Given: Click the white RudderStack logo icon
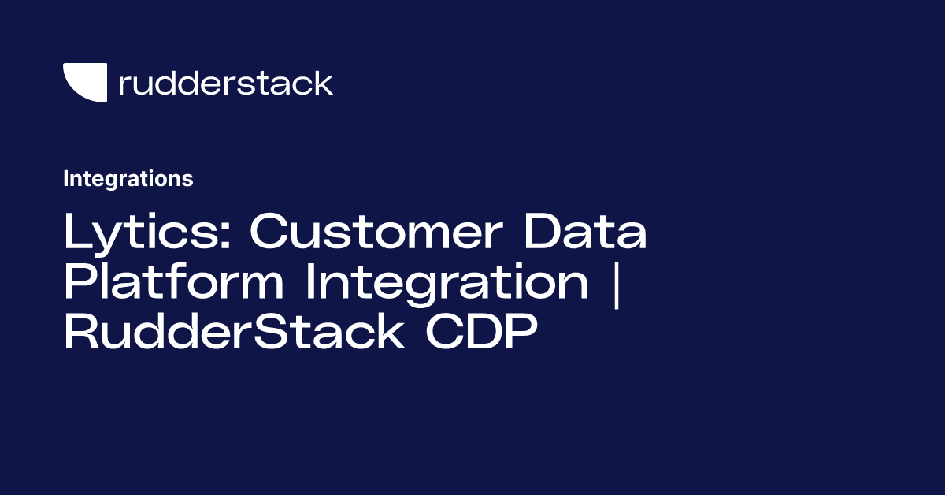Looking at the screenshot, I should (x=85, y=82).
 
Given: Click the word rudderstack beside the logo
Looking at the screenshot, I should (x=225, y=83).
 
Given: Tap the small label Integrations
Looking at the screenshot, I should (x=128, y=179).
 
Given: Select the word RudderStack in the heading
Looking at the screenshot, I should (x=233, y=333).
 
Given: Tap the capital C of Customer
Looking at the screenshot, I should (x=270, y=233).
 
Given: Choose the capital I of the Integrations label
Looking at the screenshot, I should (x=66, y=179).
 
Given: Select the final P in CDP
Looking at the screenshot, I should (x=521, y=333).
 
